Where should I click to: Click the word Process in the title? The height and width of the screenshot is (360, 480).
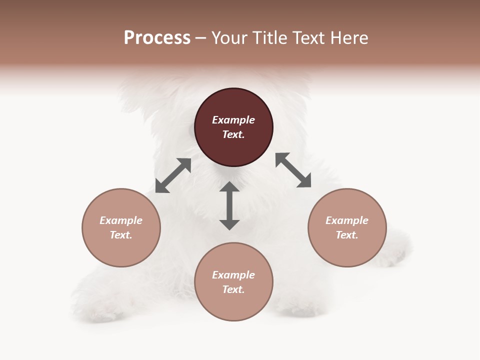pyautogui.click(x=157, y=38)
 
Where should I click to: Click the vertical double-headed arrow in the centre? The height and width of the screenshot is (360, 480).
pyautogui.click(x=229, y=205)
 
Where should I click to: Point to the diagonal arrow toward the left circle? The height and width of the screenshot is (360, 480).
pyautogui.click(x=173, y=175)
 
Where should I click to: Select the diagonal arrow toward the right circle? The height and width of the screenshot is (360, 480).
pyautogui.click(x=293, y=170)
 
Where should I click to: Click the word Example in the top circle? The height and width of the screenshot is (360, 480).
pyautogui.click(x=233, y=120)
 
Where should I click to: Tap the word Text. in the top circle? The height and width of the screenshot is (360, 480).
pyautogui.click(x=233, y=134)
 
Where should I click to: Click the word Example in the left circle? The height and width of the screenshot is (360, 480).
pyautogui.click(x=121, y=220)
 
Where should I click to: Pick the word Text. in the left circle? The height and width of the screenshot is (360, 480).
pyautogui.click(x=121, y=235)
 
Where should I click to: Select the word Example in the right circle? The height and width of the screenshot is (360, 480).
pyautogui.click(x=347, y=220)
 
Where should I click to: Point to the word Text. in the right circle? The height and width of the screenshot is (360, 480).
pyautogui.click(x=347, y=235)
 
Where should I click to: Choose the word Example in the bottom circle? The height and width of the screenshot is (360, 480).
pyautogui.click(x=233, y=275)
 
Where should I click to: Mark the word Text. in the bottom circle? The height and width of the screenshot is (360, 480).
pyautogui.click(x=233, y=289)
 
